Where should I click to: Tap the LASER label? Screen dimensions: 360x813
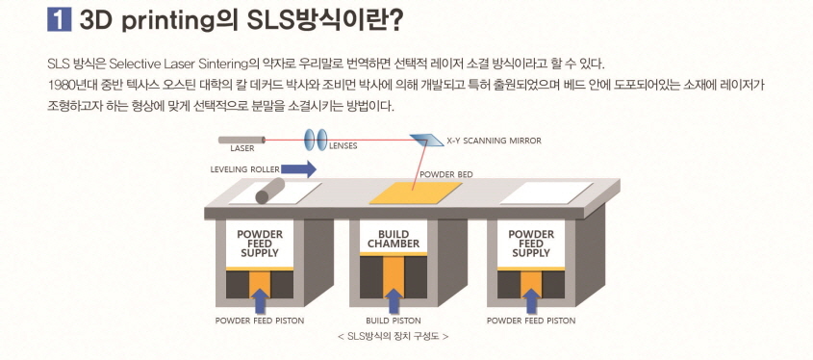click(241, 149)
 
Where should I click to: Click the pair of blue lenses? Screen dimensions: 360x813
click(316, 140)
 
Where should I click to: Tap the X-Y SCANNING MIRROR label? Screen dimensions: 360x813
click(494, 141)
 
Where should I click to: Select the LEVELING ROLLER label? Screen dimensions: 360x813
click(244, 169)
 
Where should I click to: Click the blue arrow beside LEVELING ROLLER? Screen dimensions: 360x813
click(300, 169)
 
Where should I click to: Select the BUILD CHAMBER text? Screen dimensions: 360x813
click(394, 238)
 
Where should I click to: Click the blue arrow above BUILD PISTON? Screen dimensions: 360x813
click(394, 298)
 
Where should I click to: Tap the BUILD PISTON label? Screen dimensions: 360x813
click(394, 321)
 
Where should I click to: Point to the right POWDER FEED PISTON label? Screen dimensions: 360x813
click(530, 321)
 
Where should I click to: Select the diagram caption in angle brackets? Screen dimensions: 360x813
click(394, 336)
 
